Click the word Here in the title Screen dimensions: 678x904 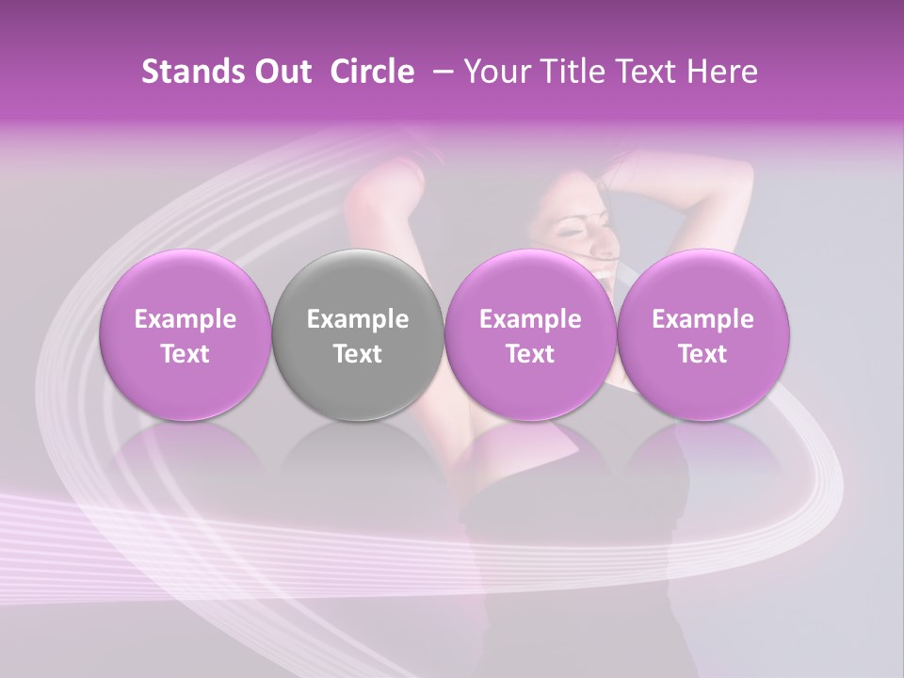722,72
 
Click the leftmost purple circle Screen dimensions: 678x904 185,335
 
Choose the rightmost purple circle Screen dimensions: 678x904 702,335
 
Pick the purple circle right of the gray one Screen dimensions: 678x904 530,335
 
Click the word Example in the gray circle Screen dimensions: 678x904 358,319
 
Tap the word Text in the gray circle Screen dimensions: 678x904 358,354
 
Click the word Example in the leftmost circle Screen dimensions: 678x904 185,319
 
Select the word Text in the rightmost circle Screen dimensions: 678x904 702,354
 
